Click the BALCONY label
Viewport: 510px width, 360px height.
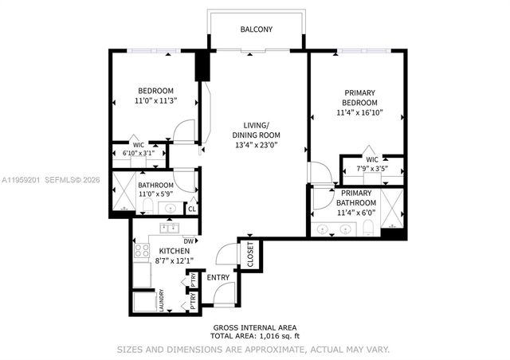pos(256,29)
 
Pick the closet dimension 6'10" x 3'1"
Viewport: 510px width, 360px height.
pos(138,153)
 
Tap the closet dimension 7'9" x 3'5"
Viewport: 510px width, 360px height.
pos(371,168)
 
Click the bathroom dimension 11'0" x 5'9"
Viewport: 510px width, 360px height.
pos(156,194)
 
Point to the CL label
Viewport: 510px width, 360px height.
pos(191,209)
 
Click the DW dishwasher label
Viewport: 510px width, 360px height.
pos(189,241)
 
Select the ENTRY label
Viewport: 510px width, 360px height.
pos(218,278)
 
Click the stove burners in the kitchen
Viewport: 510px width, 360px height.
pos(141,252)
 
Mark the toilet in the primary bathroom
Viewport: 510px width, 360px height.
pos(367,229)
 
